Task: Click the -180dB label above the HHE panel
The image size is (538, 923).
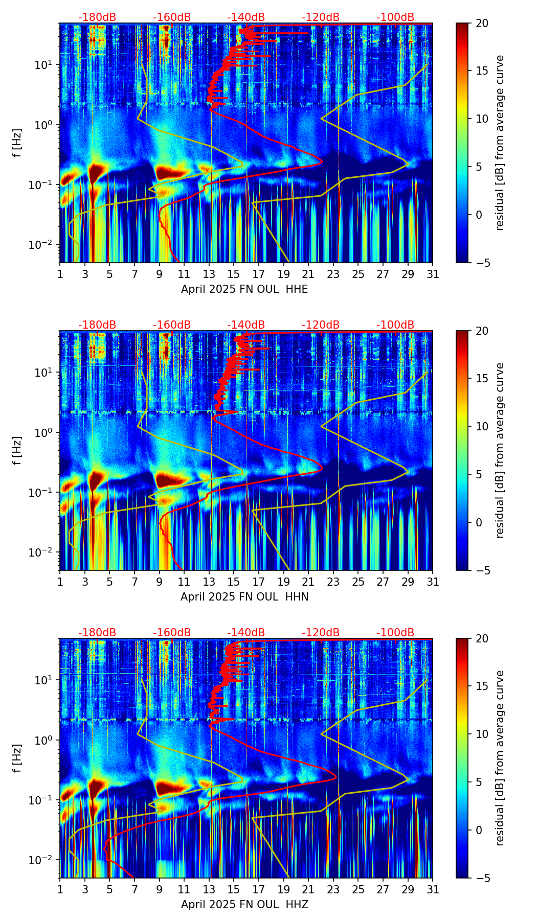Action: coord(97,17)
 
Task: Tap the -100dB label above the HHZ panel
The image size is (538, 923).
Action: coord(395,633)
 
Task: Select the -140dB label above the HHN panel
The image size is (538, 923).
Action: coord(246,325)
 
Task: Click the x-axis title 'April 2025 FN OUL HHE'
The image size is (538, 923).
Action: coord(244,289)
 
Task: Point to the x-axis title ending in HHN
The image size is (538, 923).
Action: coord(244,597)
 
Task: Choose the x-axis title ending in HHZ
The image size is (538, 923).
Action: coord(244,905)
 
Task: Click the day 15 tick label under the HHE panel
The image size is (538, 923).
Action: coord(234,274)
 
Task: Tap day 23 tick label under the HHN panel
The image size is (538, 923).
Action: coord(333,582)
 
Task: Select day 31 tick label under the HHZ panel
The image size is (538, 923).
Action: coord(432,890)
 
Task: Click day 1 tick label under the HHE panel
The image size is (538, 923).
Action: coord(60,274)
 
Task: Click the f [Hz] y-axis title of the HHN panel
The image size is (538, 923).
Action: coord(17,450)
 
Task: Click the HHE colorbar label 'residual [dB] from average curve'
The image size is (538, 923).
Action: coord(500,143)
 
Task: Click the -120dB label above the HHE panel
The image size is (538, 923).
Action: coord(321,17)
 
